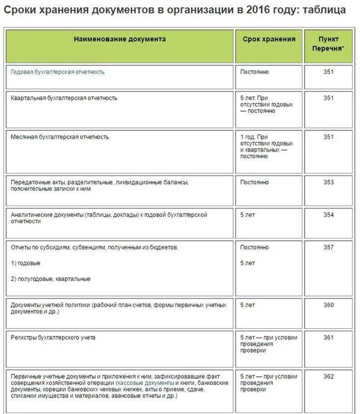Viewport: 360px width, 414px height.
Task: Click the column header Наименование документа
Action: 119,39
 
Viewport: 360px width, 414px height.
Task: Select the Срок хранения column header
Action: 269,39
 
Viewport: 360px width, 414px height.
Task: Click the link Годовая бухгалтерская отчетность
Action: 57,72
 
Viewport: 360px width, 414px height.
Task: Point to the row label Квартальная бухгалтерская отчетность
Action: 64,98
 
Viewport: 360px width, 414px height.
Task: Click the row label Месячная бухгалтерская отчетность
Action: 60,137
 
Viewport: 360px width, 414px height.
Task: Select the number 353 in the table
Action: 328,182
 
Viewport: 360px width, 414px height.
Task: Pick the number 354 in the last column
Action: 328,215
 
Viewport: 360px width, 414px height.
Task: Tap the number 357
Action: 328,247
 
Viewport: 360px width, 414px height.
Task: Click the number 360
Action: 328,305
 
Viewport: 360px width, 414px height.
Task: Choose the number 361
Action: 328,337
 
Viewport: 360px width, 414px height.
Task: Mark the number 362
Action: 328,376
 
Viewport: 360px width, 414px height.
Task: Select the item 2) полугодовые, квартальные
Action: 51,279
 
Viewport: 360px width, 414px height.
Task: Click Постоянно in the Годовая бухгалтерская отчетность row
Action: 254,72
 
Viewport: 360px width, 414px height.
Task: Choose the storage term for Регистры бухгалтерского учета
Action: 268,344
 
